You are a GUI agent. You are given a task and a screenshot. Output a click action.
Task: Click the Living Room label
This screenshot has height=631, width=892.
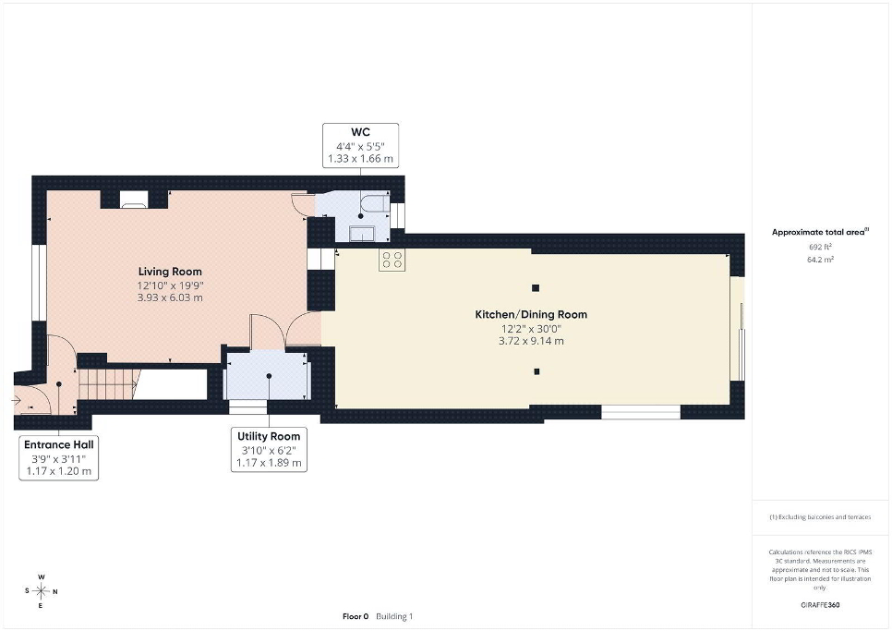[x=170, y=272]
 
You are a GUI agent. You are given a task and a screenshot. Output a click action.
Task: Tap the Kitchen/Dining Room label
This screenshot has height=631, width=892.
[x=531, y=314]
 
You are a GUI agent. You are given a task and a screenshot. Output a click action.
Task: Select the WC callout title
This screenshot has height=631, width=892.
[x=361, y=132]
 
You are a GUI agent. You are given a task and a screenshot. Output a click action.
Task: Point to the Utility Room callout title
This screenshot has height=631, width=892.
[x=269, y=436]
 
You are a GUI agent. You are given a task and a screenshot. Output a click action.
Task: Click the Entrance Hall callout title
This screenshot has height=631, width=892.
[x=58, y=445]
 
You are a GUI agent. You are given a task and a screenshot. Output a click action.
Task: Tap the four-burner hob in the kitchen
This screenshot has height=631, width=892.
[x=392, y=260]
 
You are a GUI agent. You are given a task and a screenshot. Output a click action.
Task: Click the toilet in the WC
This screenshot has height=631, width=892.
[x=376, y=203]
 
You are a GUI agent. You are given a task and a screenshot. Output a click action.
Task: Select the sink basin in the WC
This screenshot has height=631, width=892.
[x=361, y=234]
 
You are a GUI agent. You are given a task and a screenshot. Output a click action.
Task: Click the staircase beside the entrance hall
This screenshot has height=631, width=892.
[x=109, y=384]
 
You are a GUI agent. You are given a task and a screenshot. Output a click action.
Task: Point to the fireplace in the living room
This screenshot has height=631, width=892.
[x=134, y=199]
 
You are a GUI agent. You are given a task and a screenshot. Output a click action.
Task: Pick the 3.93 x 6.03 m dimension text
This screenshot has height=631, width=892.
[x=170, y=297]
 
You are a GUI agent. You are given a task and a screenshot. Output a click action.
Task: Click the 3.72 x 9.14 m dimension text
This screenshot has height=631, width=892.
[x=531, y=341]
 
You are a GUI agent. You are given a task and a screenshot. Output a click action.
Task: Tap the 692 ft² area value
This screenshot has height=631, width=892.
[x=820, y=247]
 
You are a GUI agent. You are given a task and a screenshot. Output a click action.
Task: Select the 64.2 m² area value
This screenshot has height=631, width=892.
[x=820, y=260]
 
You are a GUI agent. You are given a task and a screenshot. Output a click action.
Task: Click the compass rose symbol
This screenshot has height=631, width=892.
[x=41, y=591]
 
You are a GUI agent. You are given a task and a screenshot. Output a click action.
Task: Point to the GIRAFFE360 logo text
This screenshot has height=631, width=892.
[x=820, y=605]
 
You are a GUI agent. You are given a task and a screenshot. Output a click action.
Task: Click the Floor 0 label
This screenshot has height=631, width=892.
[x=356, y=616]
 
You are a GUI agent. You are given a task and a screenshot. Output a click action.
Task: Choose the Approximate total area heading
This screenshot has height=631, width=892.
[x=820, y=232]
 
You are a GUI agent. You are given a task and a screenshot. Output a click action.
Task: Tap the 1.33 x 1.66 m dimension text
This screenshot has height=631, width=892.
[x=361, y=159]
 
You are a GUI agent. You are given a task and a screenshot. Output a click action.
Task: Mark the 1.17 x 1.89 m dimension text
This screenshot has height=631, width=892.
[x=269, y=463]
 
